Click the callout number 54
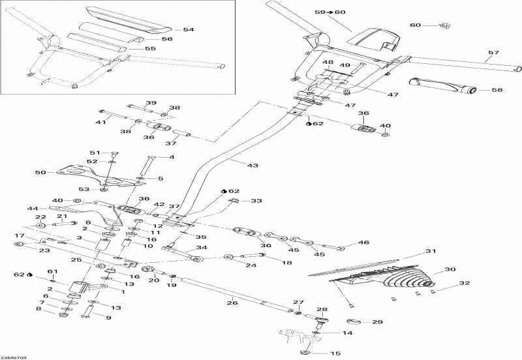189,29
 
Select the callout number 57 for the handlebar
493,52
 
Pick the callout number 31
429,252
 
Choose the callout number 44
33,208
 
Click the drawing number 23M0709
13,356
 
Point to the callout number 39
151,103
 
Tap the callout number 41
100,122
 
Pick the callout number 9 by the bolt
108,318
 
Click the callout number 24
252,265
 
